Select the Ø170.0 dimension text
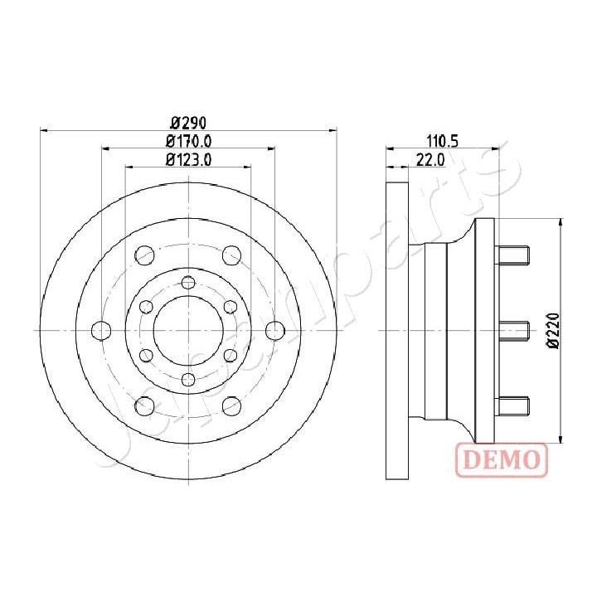[190, 142]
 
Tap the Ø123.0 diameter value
[190, 160]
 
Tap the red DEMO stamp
[502, 458]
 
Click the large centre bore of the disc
[188, 329]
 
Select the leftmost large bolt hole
[101, 330]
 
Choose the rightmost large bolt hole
[274, 330]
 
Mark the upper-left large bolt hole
[144, 254]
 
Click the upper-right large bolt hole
[232, 254]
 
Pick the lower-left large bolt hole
[144, 405]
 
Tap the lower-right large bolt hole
[232, 405]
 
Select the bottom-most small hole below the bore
[188, 380]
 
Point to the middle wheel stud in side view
[512, 330]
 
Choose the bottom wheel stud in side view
[512, 405]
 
